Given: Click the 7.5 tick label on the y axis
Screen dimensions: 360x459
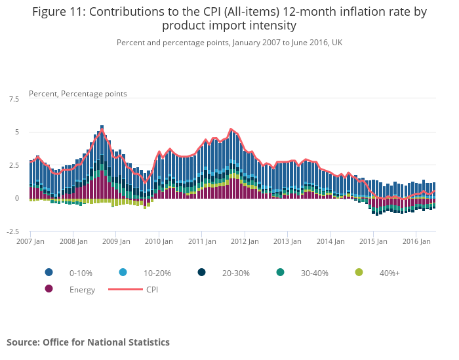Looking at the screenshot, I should click(x=14, y=99).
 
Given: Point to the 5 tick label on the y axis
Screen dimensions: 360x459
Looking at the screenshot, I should click(x=16, y=132).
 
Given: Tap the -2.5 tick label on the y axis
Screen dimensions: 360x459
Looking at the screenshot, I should click(x=13, y=231).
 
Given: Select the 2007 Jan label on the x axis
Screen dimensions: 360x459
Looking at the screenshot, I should click(x=30, y=241).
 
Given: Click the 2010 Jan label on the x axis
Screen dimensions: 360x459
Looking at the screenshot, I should click(x=158, y=241).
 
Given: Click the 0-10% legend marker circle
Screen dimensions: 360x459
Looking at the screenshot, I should click(x=49, y=272).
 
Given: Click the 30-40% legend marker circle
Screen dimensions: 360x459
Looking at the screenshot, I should click(x=280, y=272).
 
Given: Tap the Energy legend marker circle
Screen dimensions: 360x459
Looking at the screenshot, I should click(x=49, y=289).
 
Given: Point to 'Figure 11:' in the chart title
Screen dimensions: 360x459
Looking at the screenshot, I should click(x=60, y=12).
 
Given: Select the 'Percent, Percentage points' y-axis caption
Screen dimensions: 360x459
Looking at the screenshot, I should click(x=78, y=94).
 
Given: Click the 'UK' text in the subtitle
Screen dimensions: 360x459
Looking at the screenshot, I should click(x=336, y=43).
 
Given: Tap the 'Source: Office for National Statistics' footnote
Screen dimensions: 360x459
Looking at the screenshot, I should click(x=88, y=342).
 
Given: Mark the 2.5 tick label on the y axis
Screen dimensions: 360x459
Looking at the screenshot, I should click(x=14, y=165).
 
